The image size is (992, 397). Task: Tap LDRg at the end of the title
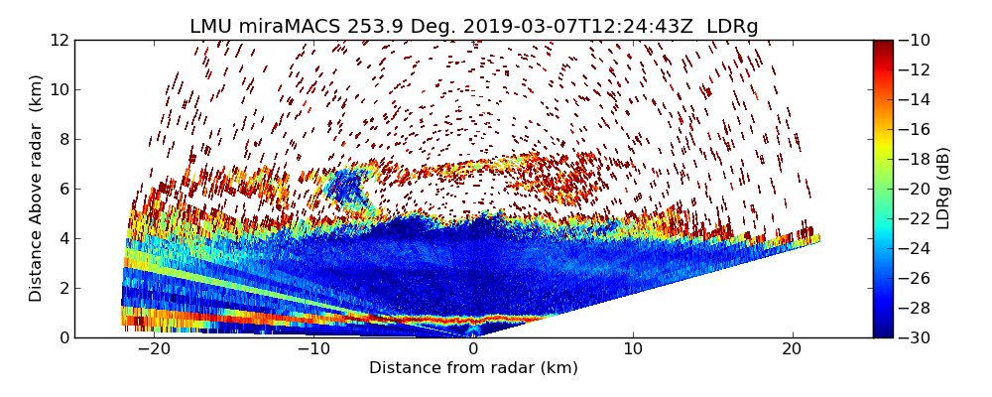[732, 27]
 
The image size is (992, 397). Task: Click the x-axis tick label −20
[154, 349]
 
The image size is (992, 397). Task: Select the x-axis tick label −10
[313, 349]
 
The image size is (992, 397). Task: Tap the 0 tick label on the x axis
[473, 349]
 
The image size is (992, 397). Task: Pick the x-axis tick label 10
[633, 349]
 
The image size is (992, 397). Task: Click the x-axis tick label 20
[792, 349]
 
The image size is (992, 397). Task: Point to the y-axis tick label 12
[59, 41]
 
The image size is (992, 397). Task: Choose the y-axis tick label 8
[62, 140]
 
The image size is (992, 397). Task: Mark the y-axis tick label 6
[62, 190]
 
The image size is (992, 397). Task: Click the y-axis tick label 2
[62, 289]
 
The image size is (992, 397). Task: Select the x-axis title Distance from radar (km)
[473, 368]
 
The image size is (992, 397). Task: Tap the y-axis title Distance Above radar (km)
[37, 189]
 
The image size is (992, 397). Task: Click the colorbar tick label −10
[916, 41]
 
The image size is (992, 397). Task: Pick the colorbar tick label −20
[916, 190]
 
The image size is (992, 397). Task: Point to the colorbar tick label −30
[916, 337]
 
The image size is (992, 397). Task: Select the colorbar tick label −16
[916, 130]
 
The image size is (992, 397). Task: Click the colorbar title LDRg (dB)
[943, 189]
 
